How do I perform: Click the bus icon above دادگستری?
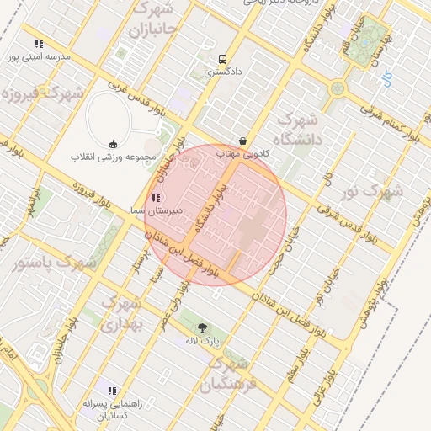click(x=222, y=59)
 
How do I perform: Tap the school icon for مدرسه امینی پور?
click(x=39, y=44)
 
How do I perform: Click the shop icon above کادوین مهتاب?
click(x=243, y=141)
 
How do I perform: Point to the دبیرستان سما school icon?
click(x=155, y=198)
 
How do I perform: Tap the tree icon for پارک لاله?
click(x=201, y=327)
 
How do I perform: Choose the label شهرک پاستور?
click(x=55, y=263)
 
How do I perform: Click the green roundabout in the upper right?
click(x=338, y=88)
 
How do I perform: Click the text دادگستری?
click(x=223, y=72)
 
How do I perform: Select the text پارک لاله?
click(x=202, y=342)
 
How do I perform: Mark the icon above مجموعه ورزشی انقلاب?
click(x=114, y=143)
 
